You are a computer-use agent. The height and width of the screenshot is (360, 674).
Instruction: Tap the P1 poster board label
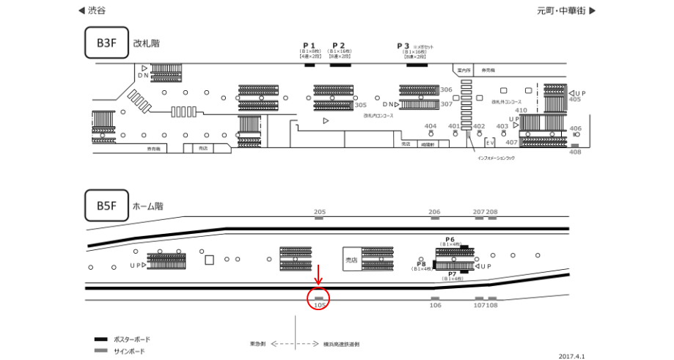[309, 45]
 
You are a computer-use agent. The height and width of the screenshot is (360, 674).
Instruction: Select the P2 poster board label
[338, 45]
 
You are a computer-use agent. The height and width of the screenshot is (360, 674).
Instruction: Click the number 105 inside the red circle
[319, 304]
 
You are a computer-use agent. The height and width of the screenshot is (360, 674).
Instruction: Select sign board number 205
[319, 212]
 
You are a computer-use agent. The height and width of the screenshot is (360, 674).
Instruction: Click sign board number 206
[434, 212]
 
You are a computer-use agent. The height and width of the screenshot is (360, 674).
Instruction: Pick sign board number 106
[435, 304]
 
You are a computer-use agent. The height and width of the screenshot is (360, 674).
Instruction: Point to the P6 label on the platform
[450, 240]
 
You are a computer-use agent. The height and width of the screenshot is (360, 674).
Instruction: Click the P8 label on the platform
[422, 264]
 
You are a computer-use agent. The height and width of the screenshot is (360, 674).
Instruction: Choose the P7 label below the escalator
[453, 274]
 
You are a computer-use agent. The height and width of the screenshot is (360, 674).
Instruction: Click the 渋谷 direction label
[96, 11]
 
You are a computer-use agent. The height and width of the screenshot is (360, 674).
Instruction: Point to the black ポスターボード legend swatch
[101, 339]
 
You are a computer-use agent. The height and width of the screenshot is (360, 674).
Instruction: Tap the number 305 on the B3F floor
[360, 105]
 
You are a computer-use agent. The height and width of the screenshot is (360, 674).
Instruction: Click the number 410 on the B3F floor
[521, 110]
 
